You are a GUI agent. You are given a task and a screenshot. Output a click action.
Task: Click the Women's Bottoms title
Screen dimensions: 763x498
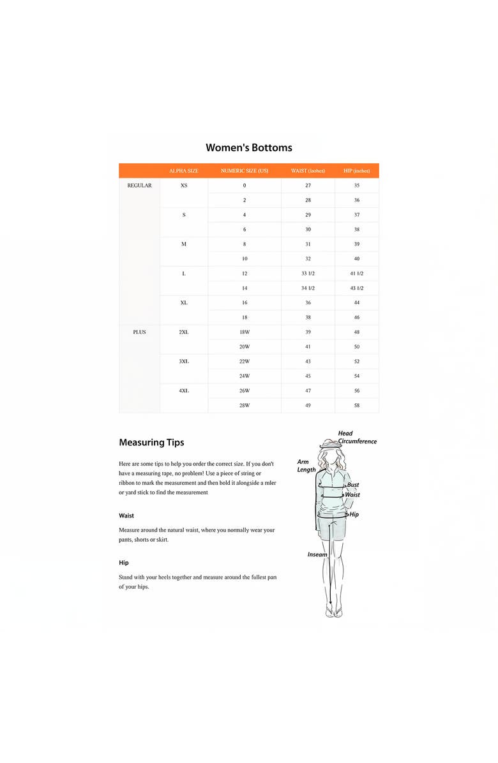point(248,147)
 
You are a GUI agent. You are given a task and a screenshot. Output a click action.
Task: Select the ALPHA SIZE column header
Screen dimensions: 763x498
point(183,171)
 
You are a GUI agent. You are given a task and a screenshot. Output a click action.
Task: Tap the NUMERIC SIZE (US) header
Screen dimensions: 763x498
point(244,171)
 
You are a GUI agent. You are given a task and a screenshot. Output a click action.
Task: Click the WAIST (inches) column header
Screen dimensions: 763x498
point(308,171)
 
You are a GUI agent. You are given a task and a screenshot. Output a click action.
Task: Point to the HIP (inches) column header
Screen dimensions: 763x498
point(356,171)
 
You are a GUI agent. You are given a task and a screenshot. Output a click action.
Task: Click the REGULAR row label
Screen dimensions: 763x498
point(139,186)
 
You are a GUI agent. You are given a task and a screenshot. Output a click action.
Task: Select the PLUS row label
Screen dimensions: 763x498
point(139,332)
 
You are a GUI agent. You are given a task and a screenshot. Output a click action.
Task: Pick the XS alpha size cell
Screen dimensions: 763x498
point(184,186)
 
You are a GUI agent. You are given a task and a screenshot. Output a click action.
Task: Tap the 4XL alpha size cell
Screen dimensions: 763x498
point(184,390)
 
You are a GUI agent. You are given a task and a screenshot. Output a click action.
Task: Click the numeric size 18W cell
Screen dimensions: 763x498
point(244,332)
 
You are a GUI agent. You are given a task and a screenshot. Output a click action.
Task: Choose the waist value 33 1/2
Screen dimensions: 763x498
point(308,274)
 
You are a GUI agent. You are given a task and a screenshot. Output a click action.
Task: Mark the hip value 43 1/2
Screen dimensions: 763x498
point(356,288)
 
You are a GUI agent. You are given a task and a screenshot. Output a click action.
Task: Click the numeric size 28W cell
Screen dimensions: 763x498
point(244,405)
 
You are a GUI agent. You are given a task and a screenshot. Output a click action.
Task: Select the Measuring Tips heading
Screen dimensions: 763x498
point(151,442)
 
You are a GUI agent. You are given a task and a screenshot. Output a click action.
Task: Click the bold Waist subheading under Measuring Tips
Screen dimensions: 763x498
point(126,515)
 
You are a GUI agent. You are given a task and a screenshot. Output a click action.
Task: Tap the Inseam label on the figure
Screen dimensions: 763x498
point(317,554)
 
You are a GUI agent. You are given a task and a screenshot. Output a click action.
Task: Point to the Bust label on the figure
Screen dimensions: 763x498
point(352,485)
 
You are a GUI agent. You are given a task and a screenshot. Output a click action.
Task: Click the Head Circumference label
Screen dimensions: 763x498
point(356,437)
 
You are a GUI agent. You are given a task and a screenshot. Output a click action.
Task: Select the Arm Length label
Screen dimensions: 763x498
point(306,466)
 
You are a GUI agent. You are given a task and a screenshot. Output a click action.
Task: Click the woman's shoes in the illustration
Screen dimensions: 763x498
point(333,612)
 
